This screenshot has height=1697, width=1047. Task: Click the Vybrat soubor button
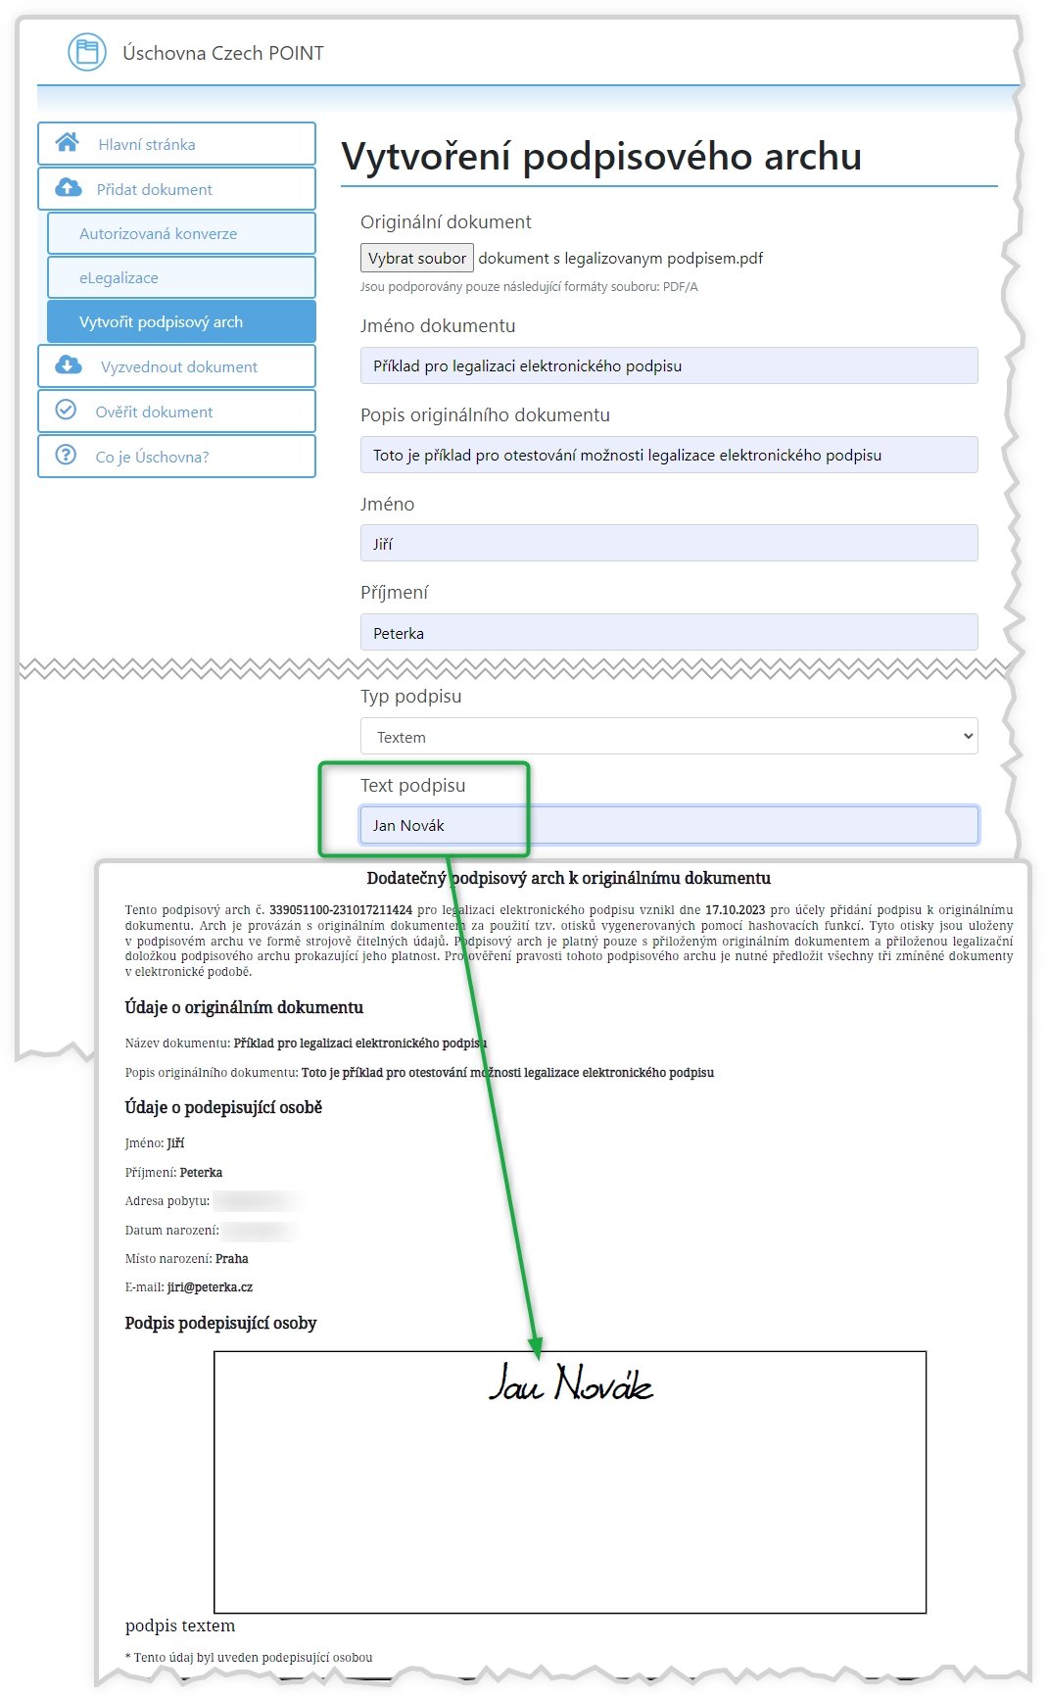(417, 258)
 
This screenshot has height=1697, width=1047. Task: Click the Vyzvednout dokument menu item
(178, 366)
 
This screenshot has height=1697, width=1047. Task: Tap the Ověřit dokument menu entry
(154, 412)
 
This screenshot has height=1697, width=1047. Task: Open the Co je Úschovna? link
(152, 457)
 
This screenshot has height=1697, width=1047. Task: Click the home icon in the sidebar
(68, 143)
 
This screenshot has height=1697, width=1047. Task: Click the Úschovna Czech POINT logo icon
(87, 52)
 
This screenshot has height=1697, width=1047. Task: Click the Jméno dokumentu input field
(669, 365)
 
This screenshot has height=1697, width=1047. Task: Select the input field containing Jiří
(669, 544)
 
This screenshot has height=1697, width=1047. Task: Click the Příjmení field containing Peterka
(669, 633)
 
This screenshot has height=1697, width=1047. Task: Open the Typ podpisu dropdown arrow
(968, 736)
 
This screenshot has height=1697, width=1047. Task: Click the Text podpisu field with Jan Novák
(669, 825)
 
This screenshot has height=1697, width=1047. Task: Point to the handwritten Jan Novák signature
(570, 1382)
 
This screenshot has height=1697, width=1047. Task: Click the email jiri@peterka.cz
(210, 1287)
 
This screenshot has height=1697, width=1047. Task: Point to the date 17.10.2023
(735, 910)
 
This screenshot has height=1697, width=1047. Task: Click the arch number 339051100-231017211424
(341, 910)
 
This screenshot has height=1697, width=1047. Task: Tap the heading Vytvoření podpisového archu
(601, 157)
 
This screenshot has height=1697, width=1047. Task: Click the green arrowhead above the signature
(535, 1348)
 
